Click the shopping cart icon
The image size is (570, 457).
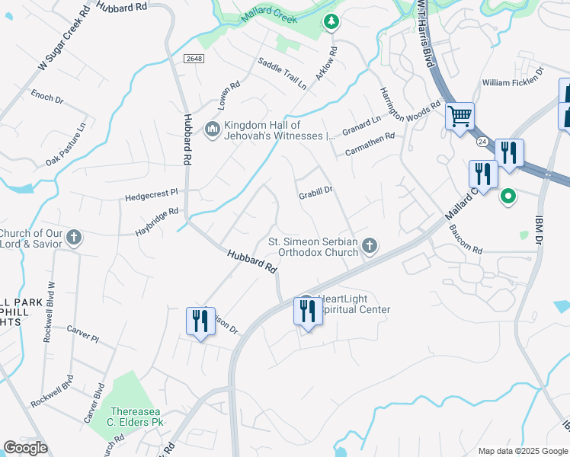460,117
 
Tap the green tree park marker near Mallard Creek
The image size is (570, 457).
331,21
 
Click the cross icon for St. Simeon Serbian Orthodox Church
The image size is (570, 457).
370,244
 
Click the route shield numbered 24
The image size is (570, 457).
482,142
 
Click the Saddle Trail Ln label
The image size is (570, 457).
281,74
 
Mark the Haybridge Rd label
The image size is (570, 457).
157,220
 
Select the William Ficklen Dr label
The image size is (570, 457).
512,82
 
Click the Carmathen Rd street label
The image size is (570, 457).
370,144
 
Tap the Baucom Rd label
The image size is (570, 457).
466,240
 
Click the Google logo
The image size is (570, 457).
25,449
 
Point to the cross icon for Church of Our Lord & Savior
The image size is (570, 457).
74,238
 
